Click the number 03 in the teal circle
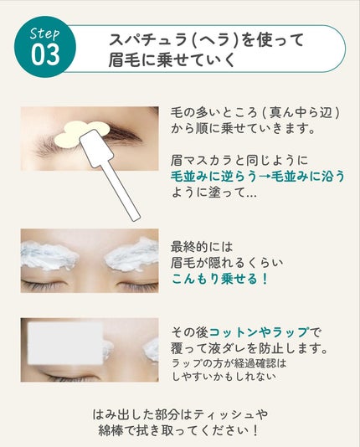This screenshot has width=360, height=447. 45,54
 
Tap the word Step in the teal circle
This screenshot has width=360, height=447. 45,33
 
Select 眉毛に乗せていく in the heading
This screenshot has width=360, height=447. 172,59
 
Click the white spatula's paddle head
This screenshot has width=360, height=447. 96,148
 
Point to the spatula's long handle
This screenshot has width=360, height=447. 121,192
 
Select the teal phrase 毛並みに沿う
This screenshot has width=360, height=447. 308,177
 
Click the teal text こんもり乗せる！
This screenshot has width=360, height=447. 219,279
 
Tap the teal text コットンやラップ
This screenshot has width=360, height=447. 259,332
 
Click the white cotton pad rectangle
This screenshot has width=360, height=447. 66,343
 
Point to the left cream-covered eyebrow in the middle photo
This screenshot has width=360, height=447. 49,255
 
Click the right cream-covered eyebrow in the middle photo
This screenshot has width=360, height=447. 131,254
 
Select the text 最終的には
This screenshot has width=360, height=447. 202,247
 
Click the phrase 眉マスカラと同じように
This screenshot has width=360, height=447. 239,161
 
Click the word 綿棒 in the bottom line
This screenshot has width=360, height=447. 111,430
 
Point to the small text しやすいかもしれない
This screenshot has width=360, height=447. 224,377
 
